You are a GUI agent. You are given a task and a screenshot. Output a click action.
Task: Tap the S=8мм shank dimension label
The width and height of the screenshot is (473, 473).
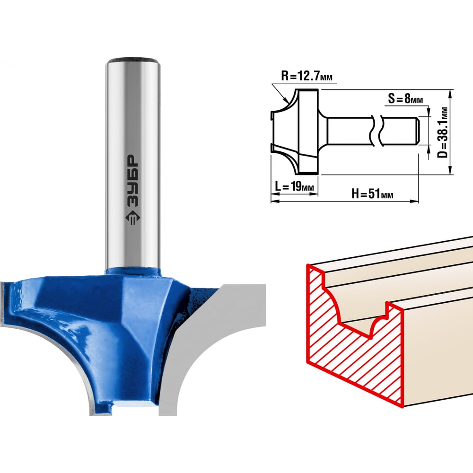pos(405,98)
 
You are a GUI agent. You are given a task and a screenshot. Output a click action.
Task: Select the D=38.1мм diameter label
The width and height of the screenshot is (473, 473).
pos(443,132)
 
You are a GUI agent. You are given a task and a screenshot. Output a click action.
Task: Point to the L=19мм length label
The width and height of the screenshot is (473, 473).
pos(294,186)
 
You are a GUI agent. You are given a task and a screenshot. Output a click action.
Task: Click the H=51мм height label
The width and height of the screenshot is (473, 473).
pos(372,193)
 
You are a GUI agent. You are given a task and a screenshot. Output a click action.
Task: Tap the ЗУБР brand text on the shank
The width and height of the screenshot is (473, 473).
pos(132,180)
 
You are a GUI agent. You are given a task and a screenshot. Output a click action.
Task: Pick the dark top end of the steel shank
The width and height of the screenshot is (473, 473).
pos(133,59)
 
